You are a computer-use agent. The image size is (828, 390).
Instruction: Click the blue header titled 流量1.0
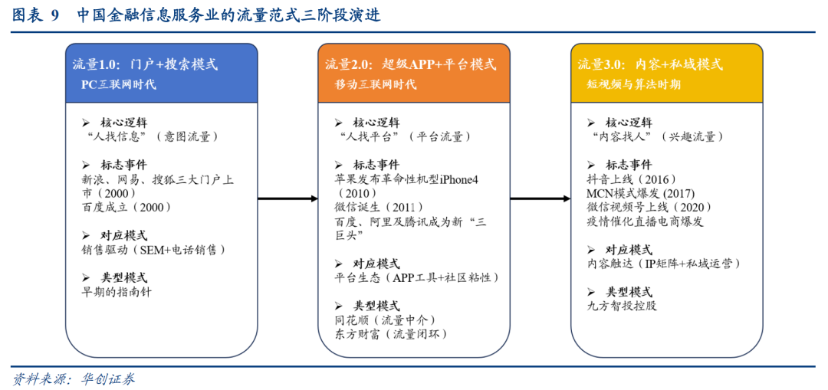tap(161, 73)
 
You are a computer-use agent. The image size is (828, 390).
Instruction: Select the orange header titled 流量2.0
tap(414, 73)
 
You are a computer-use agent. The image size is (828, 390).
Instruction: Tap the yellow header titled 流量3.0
tap(666, 73)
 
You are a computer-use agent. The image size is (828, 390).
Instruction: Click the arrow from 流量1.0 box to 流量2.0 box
tap(287, 199)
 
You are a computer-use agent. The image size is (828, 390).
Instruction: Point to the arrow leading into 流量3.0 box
tap(540, 199)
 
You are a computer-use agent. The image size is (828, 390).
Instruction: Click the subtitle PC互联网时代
tap(118, 84)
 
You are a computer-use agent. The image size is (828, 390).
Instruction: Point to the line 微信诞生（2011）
tap(379, 206)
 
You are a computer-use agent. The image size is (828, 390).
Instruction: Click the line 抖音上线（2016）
tap(632, 179)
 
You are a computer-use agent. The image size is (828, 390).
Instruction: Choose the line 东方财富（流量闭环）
tap(390, 334)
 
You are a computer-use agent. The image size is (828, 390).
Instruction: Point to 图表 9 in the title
tap(34, 16)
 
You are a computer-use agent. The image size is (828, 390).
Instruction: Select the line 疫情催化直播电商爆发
tap(645, 221)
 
